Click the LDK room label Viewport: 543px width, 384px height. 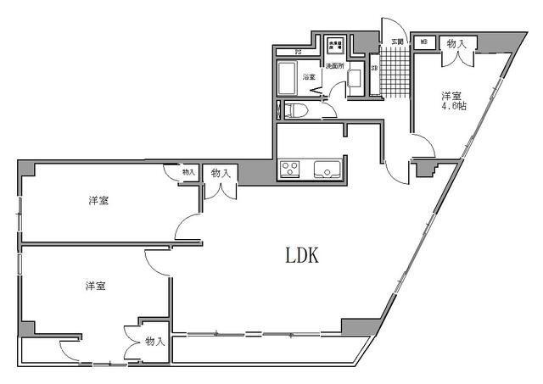[x=300, y=254]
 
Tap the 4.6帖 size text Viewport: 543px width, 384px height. [x=453, y=107]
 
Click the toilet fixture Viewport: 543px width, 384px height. [x=296, y=109]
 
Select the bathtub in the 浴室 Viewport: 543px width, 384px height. [x=288, y=82]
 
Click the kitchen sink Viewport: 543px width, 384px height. [x=327, y=169]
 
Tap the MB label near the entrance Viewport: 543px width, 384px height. [x=423, y=42]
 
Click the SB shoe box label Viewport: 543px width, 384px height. [x=374, y=68]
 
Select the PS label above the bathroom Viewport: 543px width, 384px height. [x=298, y=53]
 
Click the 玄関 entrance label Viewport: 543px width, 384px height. [x=396, y=42]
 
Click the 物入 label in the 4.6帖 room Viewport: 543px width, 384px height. [x=456, y=43]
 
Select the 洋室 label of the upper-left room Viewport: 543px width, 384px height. [x=98, y=201]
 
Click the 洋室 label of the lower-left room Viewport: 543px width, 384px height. [x=95, y=287]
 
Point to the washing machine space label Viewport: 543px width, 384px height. [x=336, y=45]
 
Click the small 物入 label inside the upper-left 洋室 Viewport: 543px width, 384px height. [x=188, y=173]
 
